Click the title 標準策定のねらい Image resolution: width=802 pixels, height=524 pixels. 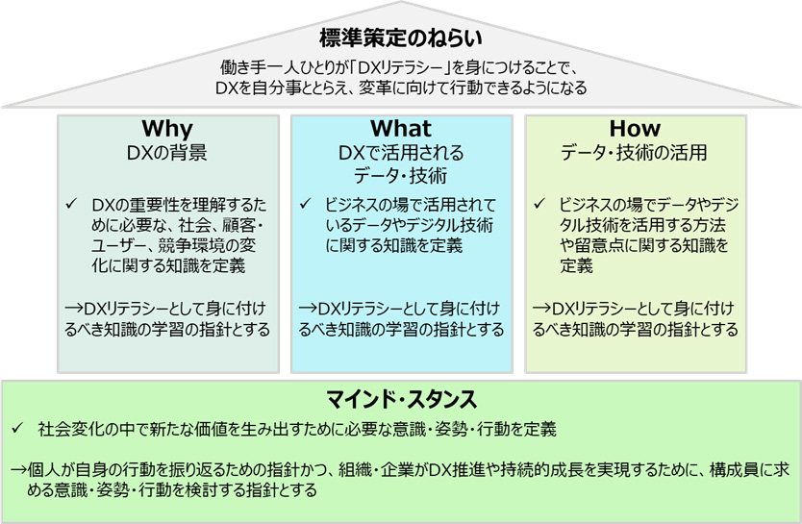pyautogui.click(x=401, y=37)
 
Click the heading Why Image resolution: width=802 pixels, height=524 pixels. pyautogui.click(x=167, y=129)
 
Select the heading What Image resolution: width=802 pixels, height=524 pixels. pyautogui.click(x=401, y=128)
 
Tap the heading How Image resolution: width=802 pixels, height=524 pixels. pyautogui.click(x=635, y=128)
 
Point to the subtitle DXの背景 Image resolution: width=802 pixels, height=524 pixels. pyautogui.click(x=167, y=153)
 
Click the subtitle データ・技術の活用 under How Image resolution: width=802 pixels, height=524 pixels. pyautogui.click(x=635, y=153)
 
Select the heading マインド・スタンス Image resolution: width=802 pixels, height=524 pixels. pyautogui.click(x=402, y=399)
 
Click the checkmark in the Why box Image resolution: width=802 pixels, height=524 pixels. pyautogui.click(x=70, y=204)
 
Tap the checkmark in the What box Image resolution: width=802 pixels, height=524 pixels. pyautogui.click(x=305, y=204)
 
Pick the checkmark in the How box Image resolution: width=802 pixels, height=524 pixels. pyautogui.click(x=539, y=204)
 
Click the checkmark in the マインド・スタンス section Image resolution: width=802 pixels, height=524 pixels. pyautogui.click(x=18, y=429)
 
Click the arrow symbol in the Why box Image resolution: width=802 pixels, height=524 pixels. pyautogui.click(x=74, y=309)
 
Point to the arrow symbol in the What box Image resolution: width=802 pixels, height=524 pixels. pyautogui.click(x=308, y=309)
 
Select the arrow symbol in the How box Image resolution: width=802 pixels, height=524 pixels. pyautogui.click(x=541, y=309)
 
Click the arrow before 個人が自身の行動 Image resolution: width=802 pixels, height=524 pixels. pyautogui.click(x=19, y=469)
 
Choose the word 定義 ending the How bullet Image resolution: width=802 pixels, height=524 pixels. pyautogui.click(x=576, y=266)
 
